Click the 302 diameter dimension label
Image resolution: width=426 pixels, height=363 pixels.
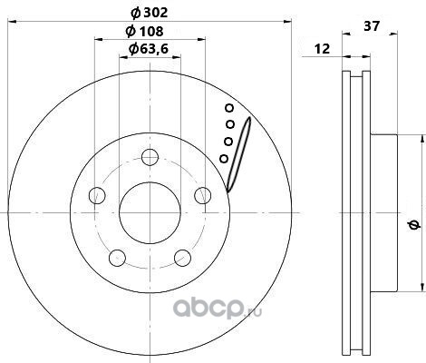tap(150, 13)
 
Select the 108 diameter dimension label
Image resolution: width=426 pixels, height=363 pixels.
tap(145, 31)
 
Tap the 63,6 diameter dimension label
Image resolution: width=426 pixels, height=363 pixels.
tap(149, 48)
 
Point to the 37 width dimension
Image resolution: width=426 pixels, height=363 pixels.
tap(372, 26)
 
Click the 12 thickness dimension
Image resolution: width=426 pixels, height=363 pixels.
tap(323, 49)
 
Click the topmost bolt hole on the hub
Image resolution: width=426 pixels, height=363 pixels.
tap(150, 157)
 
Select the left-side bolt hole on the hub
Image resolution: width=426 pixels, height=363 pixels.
tap(97, 195)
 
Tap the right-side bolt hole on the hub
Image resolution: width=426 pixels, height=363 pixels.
tap(203, 195)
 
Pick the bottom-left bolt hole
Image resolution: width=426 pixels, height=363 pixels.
tap(117, 258)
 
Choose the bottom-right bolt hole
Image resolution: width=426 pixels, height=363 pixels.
tap(183, 258)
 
